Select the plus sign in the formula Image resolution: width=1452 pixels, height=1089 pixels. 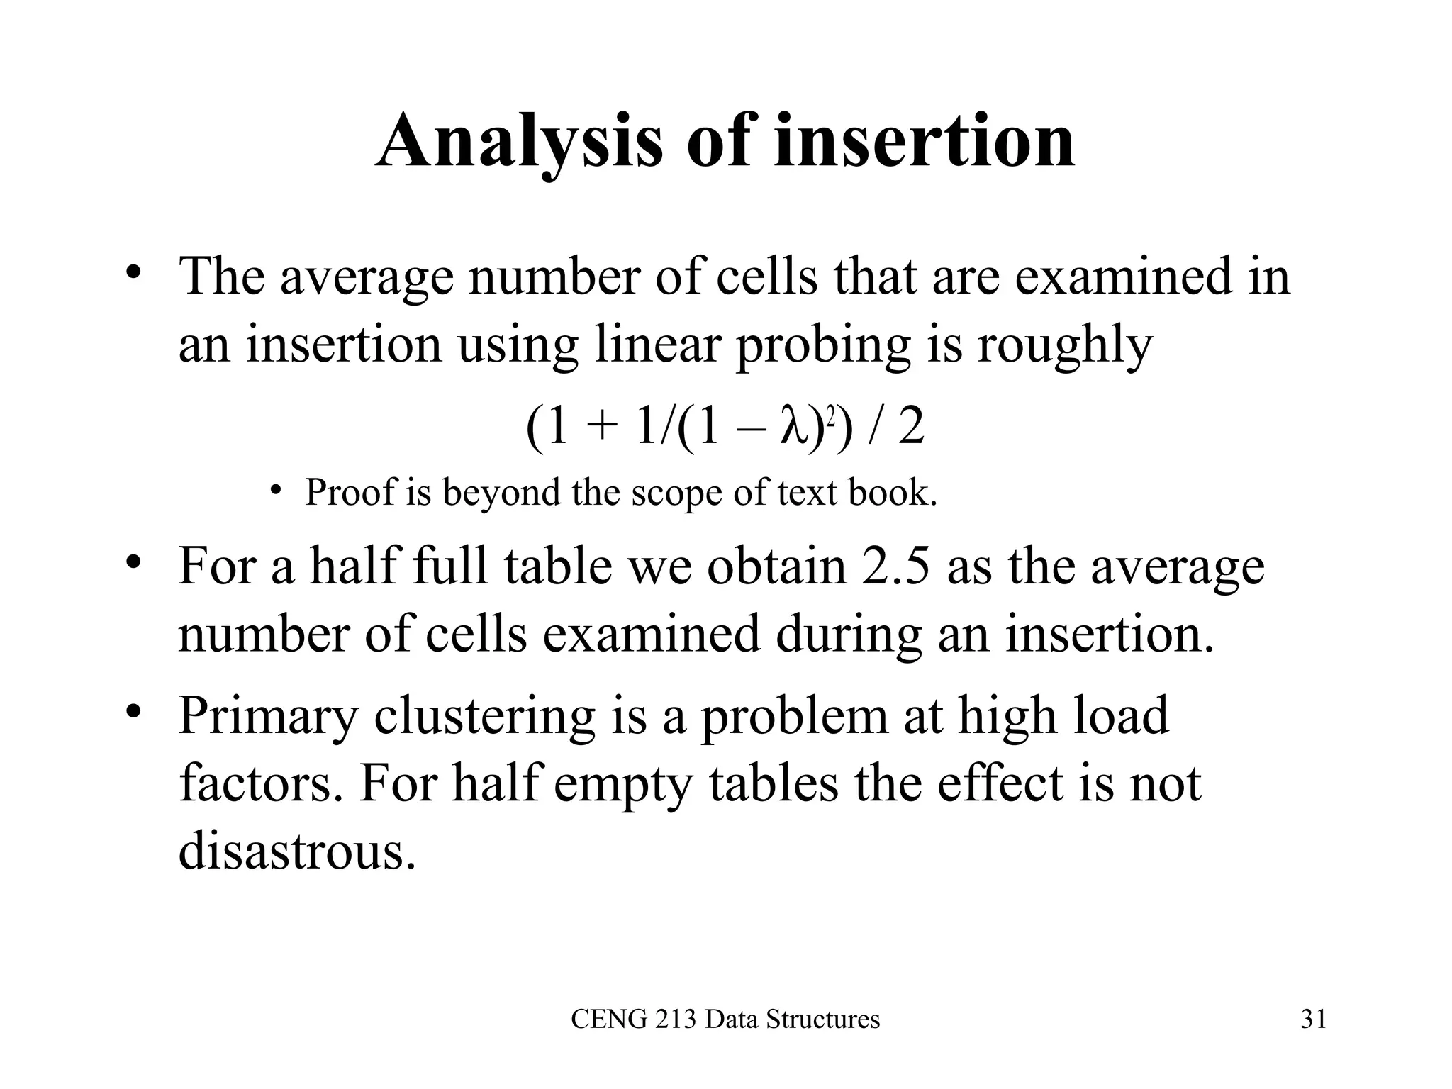(x=602, y=428)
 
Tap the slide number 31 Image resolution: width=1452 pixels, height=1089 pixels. (x=1313, y=1020)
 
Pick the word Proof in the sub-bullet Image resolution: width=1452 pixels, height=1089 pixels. (x=349, y=492)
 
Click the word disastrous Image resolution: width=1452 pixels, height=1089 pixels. (x=296, y=851)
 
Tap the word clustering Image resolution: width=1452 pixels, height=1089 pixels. (x=484, y=716)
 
